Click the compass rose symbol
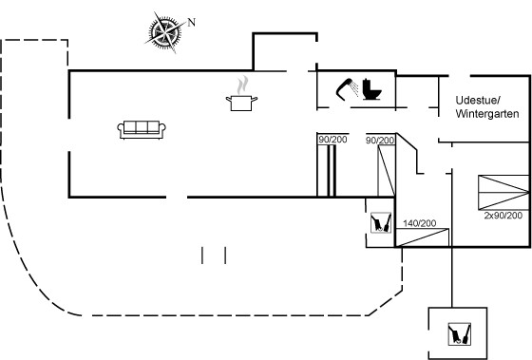165,32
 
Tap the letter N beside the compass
192,23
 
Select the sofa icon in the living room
142,129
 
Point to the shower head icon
347,89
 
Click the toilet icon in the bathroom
371,89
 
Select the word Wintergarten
487,114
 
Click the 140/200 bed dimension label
419,223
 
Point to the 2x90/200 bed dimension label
503,216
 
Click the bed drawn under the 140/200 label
423,237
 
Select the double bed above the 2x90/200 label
503,193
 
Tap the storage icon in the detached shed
460,333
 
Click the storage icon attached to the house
381,222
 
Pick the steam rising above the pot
242,85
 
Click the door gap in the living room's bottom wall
177,197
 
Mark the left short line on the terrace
202,256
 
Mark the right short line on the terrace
225,256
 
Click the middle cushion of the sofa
142,127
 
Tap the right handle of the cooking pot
255,99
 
